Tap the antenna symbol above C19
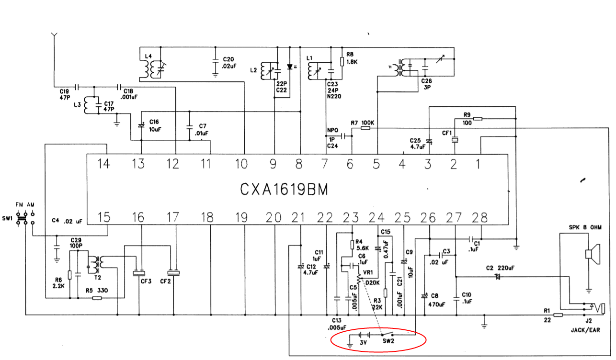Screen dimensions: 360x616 point(54,36)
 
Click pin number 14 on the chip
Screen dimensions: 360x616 point(104,164)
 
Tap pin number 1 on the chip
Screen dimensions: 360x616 point(478,164)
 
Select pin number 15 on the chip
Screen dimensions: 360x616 point(104,218)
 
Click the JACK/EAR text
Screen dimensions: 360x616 point(585,330)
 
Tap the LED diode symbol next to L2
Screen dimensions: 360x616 point(289,67)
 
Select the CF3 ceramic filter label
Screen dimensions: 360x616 point(146,281)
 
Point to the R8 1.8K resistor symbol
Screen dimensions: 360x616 point(342,61)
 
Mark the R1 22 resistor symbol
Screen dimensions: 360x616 point(558,315)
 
